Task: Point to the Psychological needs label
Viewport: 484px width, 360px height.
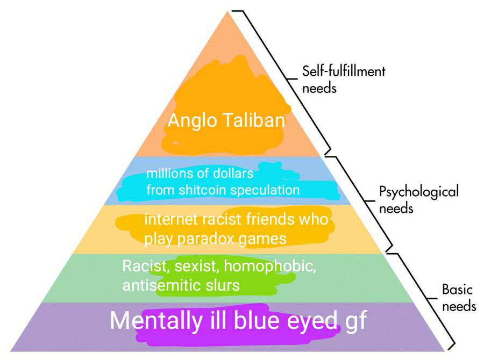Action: [418, 199]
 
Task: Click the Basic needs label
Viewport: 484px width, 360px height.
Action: [459, 298]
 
